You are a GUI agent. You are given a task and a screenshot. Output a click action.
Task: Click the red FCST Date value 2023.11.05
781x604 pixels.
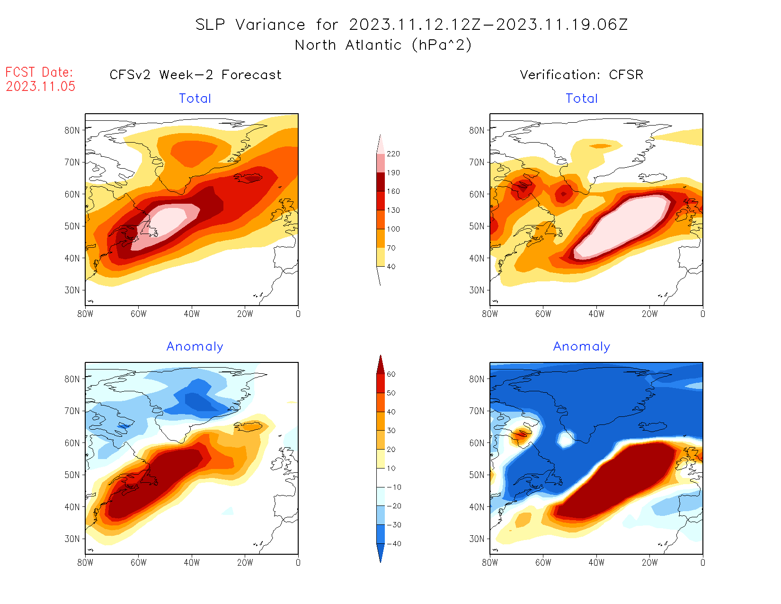pos(41,87)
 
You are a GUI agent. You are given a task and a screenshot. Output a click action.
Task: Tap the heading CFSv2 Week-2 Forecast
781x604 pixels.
pos(195,75)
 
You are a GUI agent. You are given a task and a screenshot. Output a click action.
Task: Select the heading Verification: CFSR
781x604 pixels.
pos(582,75)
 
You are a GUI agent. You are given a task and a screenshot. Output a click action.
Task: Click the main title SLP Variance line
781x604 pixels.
pos(411,25)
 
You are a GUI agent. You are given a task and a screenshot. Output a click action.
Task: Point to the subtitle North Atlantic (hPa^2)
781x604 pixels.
pos(383,45)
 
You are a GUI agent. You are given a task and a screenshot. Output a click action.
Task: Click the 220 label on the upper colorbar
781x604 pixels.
pos(393,154)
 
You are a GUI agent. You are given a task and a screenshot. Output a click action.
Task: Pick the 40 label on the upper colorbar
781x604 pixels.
pos(391,267)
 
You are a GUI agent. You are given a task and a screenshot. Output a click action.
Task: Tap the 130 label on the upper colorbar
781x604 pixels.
pos(393,210)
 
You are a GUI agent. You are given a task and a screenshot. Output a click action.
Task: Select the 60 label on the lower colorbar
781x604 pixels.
pos(391,374)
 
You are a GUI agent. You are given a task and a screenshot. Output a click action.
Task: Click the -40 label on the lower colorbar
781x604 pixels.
pos(394,544)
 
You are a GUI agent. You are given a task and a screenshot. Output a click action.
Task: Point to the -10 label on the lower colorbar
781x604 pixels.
pos(394,487)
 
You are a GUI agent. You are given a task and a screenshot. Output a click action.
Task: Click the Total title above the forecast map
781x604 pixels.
pos(195,99)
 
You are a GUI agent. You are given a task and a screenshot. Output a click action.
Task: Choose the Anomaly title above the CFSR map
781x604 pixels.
pos(582,347)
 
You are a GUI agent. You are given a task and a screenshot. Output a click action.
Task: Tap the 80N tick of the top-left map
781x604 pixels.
pos(72,130)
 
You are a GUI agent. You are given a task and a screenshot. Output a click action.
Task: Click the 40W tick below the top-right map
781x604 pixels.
pos(596,314)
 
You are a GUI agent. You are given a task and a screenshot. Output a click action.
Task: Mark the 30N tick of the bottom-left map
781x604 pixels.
pos(72,539)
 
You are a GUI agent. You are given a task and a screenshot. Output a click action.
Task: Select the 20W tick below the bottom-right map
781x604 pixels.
pos(649,562)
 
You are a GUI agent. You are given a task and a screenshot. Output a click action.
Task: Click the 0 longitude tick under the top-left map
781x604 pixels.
pos(298,314)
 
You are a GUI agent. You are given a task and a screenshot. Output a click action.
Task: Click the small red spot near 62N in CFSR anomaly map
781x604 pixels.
pos(522,433)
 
